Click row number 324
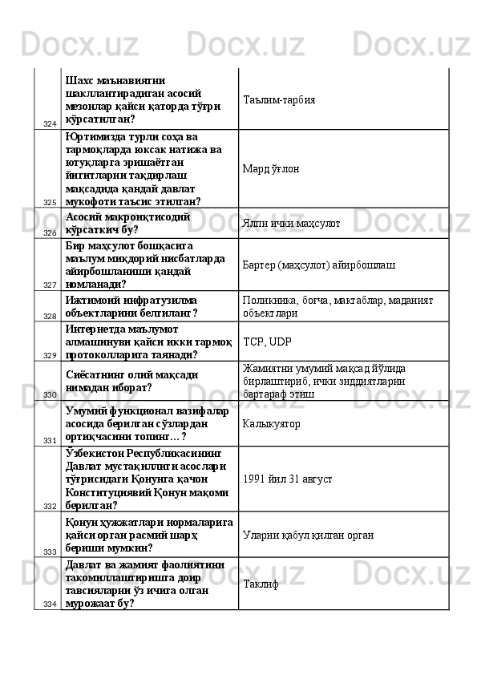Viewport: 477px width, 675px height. click(50, 123)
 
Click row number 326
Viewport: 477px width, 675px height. click(50, 232)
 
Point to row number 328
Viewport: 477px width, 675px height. click(50, 317)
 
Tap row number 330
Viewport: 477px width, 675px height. click(50, 395)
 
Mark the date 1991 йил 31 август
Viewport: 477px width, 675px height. click(288, 479)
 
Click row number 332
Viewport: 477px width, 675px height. click(50, 506)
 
